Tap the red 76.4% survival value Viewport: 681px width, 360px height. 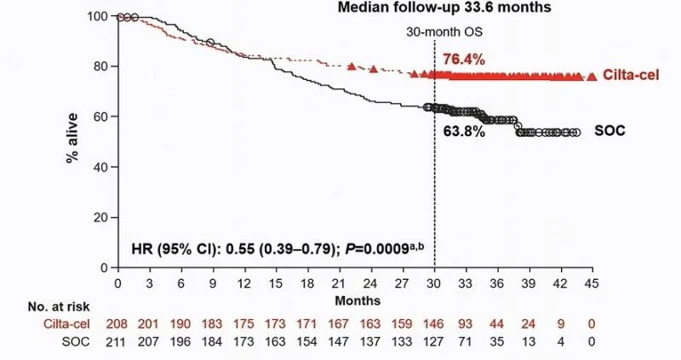(x=461, y=59)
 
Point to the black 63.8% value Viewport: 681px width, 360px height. (x=463, y=132)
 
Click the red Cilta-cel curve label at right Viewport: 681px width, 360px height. (x=628, y=76)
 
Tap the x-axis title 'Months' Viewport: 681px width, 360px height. (x=350, y=300)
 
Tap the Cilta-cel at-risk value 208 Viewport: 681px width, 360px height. (x=118, y=324)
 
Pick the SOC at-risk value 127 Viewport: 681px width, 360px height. (x=435, y=341)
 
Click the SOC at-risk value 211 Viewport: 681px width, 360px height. (x=118, y=341)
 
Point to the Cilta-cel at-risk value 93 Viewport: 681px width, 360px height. (x=466, y=324)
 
